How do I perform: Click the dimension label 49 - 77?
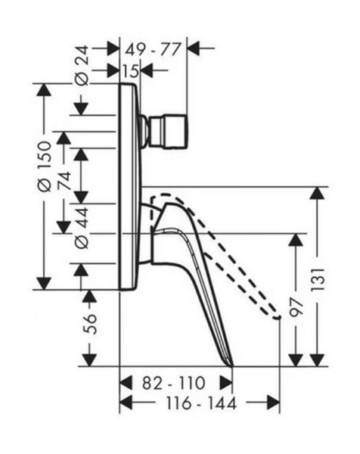pyautogui.click(x=153, y=49)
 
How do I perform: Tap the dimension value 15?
pyautogui.click(x=131, y=70)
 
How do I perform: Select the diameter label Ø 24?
pyautogui.click(x=82, y=66)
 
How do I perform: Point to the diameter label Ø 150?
pyautogui.click(x=45, y=166)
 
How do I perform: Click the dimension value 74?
pyautogui.click(x=64, y=181)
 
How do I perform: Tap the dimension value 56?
pyautogui.click(x=90, y=324)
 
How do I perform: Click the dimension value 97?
pyautogui.click(x=296, y=307)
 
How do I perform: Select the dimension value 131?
pyautogui.click(x=318, y=280)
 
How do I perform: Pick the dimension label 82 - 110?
pyautogui.click(x=174, y=383)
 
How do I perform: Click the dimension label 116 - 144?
pyautogui.click(x=201, y=403)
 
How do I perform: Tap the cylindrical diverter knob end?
pyautogui.click(x=168, y=132)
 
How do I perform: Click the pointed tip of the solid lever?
pyautogui.click(x=232, y=365)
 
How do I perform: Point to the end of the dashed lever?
pyautogui.click(x=278, y=317)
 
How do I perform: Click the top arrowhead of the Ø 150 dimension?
pyautogui.click(x=44, y=90)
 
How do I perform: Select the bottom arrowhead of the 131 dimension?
pyautogui.click(x=318, y=360)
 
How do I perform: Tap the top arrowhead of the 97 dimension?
pyautogui.click(x=296, y=239)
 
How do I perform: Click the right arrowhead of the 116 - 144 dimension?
pyautogui.click(x=274, y=403)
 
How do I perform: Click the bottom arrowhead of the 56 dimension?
pyautogui.click(x=90, y=359)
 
